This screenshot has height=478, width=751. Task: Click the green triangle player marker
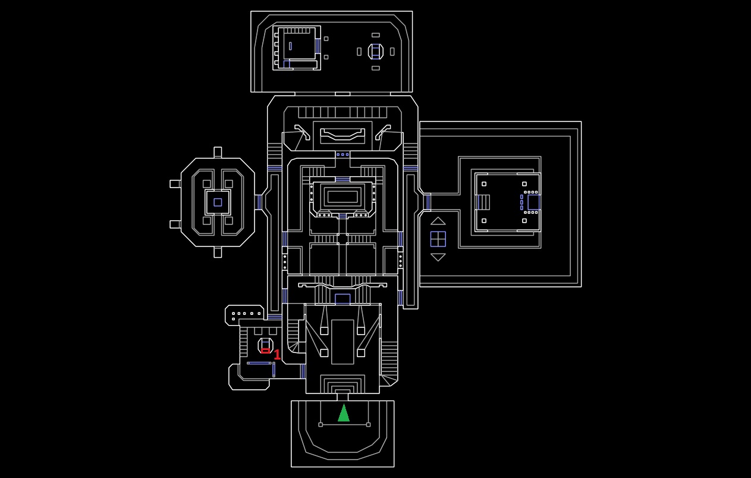tap(344, 413)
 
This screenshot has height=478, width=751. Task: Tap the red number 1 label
tap(277, 355)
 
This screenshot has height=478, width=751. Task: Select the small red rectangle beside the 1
tap(265, 351)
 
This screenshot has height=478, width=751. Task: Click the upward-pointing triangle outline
tap(438, 221)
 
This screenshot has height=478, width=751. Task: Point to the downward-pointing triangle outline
tap(438, 257)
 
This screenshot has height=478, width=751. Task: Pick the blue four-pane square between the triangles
tap(438, 239)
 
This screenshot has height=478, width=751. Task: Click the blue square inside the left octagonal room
tap(218, 202)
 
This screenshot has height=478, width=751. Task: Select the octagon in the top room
tap(375, 52)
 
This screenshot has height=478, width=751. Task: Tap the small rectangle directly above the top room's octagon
tap(375, 35)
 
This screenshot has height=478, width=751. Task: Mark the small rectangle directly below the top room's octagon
tap(375, 68)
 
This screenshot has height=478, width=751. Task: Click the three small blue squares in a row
tap(342, 155)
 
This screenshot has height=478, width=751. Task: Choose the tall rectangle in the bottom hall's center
tap(342, 342)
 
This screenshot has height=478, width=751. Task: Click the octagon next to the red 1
tap(265, 345)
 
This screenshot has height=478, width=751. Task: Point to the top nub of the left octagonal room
tap(218, 152)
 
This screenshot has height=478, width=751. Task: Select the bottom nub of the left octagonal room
tap(218, 252)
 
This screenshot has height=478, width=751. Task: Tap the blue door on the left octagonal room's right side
tap(259, 202)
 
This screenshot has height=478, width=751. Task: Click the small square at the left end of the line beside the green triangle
tap(320, 424)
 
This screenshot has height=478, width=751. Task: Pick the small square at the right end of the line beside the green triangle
tap(368, 424)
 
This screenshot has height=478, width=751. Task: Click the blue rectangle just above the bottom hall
tap(342, 299)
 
